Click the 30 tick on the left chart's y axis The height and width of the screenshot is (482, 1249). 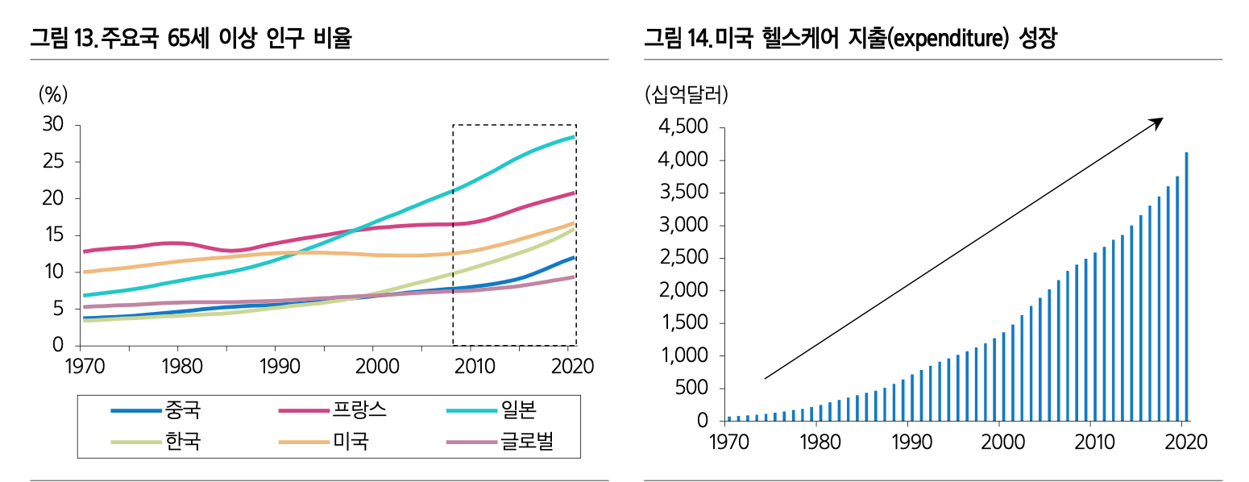(x=53, y=124)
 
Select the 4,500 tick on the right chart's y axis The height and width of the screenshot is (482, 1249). (x=683, y=128)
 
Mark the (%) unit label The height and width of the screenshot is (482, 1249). (x=53, y=94)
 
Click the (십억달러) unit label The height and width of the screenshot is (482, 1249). (x=687, y=95)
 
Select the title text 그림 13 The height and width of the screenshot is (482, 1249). (x=64, y=38)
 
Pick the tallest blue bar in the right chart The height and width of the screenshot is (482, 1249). (x=1186, y=285)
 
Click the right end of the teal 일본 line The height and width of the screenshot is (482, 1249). (x=574, y=137)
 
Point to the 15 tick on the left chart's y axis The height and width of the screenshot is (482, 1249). (x=53, y=235)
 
